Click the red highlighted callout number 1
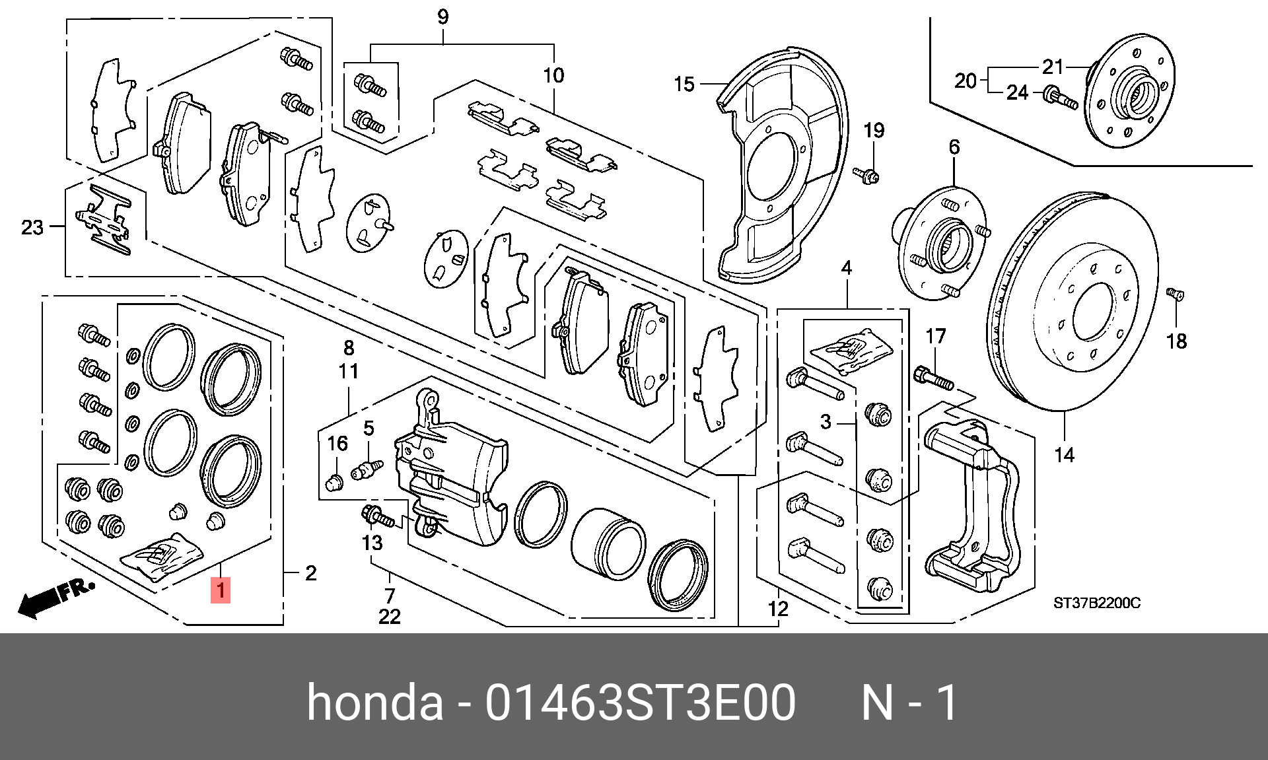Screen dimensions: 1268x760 220,590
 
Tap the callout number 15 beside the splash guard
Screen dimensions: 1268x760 684,85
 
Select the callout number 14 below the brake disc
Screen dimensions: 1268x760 1064,455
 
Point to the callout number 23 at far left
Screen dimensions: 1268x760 32,228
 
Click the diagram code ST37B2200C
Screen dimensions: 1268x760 1096,603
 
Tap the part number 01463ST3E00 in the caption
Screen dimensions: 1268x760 640,703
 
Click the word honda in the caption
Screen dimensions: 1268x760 375,703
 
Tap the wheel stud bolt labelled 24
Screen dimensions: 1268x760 1060,98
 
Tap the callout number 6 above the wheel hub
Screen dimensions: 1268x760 954,147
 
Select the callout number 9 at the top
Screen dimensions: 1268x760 442,17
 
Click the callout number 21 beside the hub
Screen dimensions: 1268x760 1053,67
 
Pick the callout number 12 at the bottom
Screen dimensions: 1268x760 778,608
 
